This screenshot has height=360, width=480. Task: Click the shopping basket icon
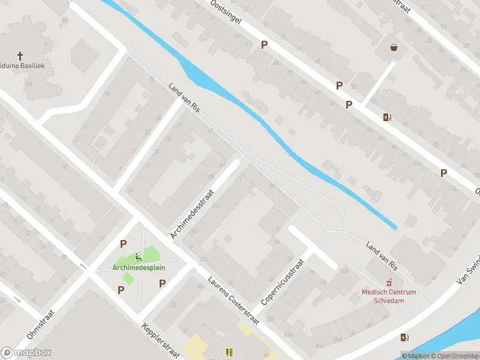[x=394, y=47]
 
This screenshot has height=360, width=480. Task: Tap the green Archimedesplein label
[x=139, y=268]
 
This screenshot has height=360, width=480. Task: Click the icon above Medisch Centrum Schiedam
[x=389, y=283]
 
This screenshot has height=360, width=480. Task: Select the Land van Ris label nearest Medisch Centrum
[x=382, y=255]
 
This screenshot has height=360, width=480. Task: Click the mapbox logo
[x=26, y=353]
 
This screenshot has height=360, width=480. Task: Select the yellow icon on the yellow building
[x=228, y=352]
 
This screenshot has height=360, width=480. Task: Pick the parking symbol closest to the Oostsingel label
[x=264, y=44]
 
